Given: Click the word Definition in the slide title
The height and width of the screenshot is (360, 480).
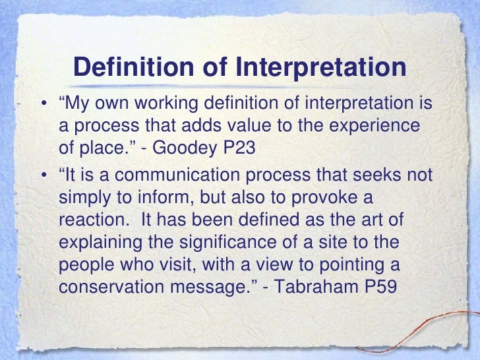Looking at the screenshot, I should point(126,68).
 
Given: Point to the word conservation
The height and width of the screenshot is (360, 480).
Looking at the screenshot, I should point(105,287).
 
